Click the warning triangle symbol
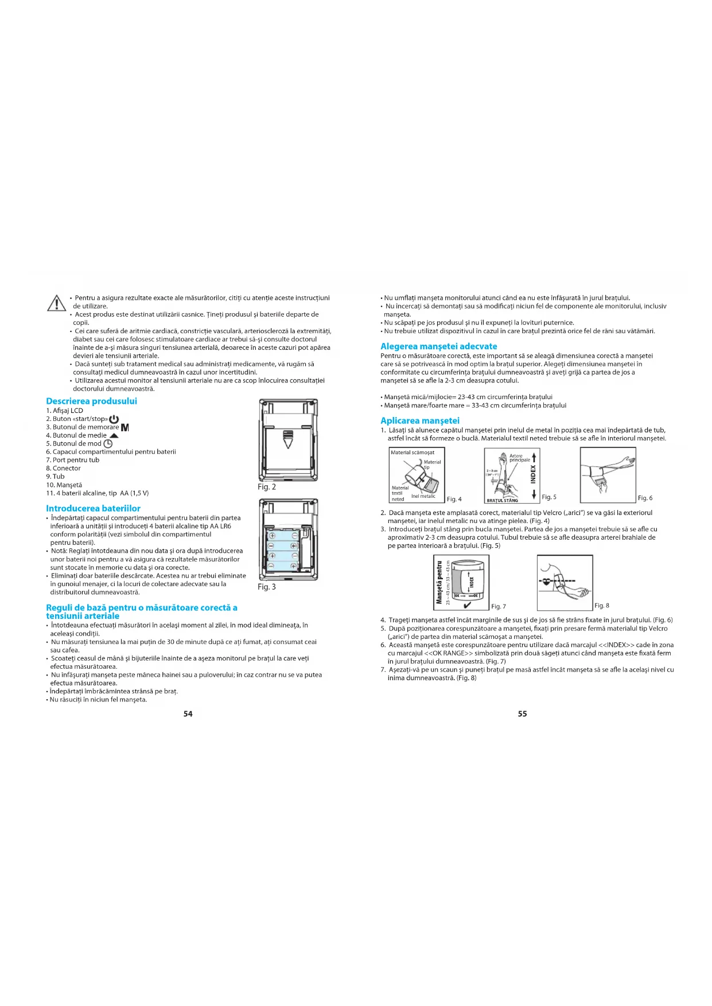56,302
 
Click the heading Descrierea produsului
91,401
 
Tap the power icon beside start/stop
114,419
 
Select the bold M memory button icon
125,427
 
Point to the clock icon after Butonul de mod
108,444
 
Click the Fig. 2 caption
267,487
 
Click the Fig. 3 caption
267,587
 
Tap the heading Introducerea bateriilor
93,508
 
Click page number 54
188,713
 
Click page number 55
522,713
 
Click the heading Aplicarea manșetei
420,420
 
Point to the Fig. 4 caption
454,499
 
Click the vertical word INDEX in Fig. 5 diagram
534,475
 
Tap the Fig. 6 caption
645,498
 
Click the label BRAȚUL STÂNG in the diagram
502,500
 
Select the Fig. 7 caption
499,606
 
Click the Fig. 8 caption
602,606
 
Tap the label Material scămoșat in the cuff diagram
413,453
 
